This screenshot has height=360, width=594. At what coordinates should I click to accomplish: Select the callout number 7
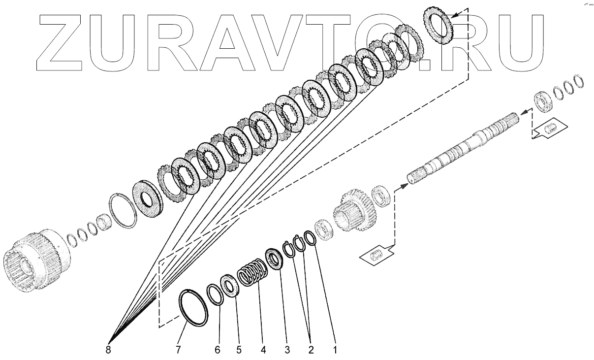click(179, 351)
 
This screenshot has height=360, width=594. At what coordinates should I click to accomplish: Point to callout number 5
click(239, 351)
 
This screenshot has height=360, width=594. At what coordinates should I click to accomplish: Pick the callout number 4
click(263, 351)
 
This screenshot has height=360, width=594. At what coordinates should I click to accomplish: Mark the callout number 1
click(335, 351)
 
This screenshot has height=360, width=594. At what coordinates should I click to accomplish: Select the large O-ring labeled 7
click(193, 308)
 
